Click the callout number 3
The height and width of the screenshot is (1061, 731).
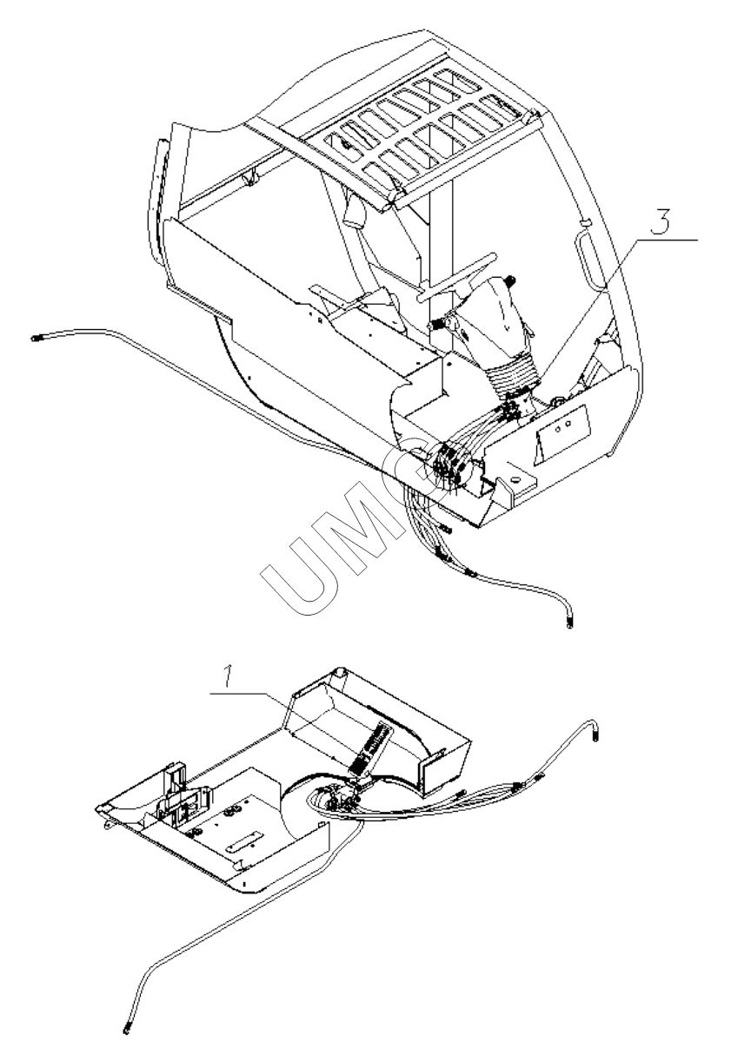click(x=660, y=221)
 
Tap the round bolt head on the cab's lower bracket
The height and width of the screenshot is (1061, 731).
click(x=515, y=479)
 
